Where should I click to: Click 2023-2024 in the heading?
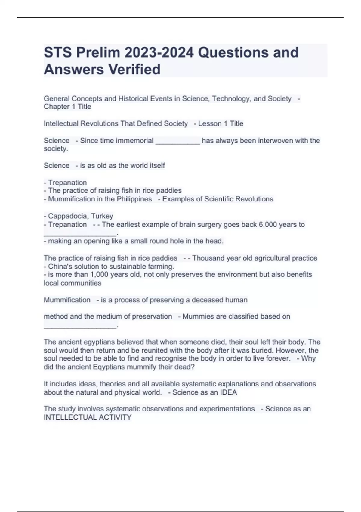[x=159, y=52]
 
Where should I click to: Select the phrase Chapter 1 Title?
[x=67, y=107]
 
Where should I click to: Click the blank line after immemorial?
[x=177, y=142]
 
